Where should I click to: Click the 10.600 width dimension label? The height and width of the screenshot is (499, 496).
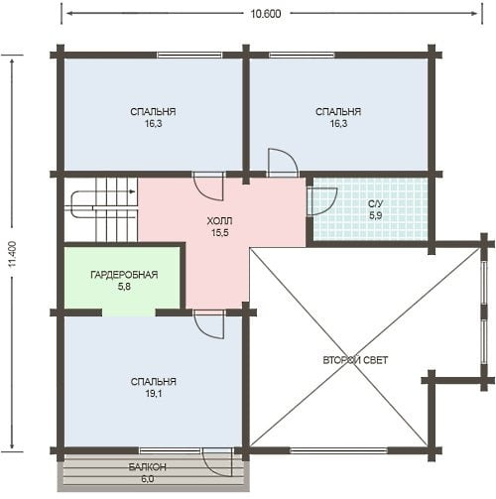(x=266, y=14)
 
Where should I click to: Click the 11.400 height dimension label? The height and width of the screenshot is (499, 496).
(x=13, y=254)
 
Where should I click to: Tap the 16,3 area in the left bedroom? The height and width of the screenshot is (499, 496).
(x=153, y=124)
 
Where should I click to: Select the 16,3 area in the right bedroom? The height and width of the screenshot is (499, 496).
(x=338, y=124)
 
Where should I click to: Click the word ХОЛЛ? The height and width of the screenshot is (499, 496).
(x=219, y=220)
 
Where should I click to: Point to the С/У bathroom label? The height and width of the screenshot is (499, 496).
(x=375, y=203)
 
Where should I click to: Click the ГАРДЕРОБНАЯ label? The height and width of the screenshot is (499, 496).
(x=124, y=275)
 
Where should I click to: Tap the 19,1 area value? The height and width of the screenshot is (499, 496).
(x=154, y=394)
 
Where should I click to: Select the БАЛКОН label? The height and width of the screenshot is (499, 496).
(x=148, y=467)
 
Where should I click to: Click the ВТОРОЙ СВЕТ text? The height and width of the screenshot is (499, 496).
(x=355, y=360)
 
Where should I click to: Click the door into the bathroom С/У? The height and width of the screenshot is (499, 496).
(x=321, y=201)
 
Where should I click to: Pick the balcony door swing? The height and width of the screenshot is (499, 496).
(x=218, y=463)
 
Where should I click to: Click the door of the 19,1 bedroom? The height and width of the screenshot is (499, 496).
(x=209, y=324)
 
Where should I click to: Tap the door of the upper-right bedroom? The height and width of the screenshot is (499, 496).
(x=283, y=163)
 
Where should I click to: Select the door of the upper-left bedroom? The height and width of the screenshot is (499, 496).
(x=208, y=187)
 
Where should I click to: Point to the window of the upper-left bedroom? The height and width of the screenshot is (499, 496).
(x=189, y=55)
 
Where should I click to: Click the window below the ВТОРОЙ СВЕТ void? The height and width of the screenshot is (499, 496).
(x=338, y=450)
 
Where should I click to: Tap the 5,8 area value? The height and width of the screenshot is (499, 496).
(x=124, y=287)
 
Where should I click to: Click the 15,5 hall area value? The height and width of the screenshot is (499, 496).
(x=220, y=233)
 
